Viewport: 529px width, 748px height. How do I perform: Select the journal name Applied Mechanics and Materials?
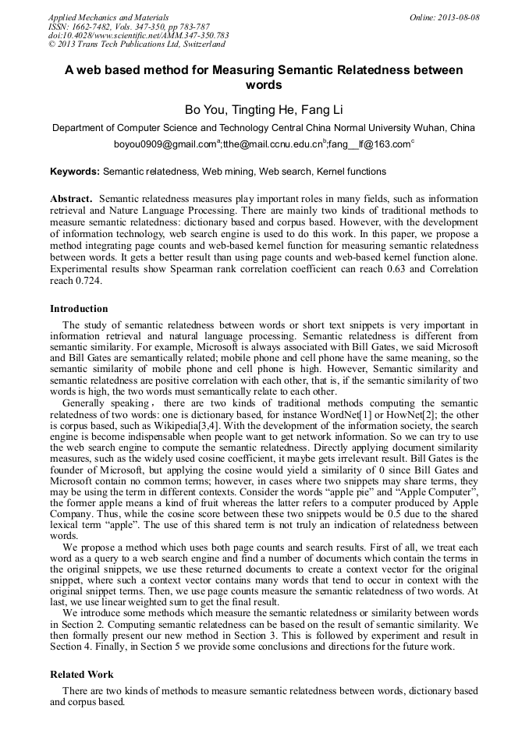[x=108, y=16]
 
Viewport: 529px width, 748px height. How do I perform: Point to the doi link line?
[x=138, y=35]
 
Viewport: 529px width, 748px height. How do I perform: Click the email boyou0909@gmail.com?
[x=165, y=144]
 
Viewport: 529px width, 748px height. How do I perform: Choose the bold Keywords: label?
[x=75, y=171]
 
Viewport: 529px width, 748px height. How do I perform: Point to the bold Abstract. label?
[x=72, y=199]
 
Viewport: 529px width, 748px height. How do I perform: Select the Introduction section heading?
[x=79, y=309]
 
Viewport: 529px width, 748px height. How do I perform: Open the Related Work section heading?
[x=82, y=674]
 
